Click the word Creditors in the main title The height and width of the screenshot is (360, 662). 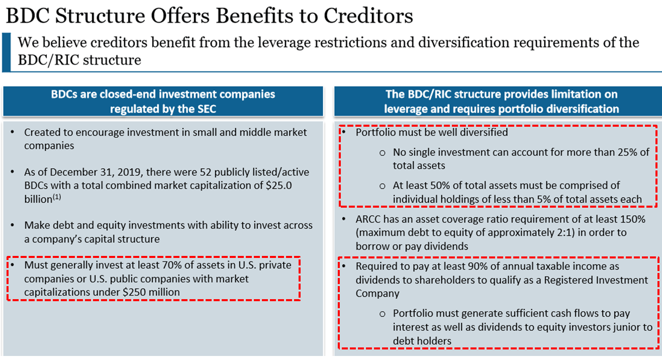tap(368, 16)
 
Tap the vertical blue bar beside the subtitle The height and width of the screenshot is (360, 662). tap(6, 52)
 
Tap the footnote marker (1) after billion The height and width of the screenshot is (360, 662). tap(57, 197)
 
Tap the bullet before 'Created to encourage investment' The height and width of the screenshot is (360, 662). tap(13, 132)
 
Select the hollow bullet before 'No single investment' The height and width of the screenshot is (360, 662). tap(382, 153)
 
